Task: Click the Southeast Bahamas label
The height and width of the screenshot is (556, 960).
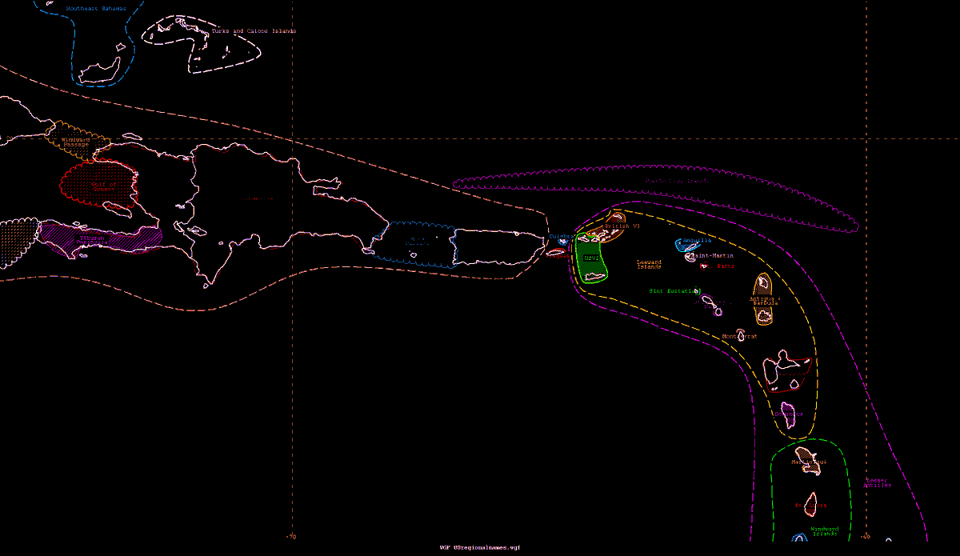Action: pyautogui.click(x=96, y=9)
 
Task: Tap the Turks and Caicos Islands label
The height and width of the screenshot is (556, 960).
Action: pyautogui.click(x=253, y=31)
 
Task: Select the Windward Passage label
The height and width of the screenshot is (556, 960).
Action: pyautogui.click(x=76, y=142)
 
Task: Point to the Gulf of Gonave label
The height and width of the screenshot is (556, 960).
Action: pyautogui.click(x=103, y=187)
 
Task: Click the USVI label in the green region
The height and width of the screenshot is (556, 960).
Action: pyautogui.click(x=591, y=258)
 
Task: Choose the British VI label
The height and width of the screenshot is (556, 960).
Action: pyautogui.click(x=622, y=226)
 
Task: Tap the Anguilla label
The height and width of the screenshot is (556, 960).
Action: pyautogui.click(x=697, y=240)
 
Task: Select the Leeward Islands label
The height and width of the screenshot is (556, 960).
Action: pyautogui.click(x=649, y=264)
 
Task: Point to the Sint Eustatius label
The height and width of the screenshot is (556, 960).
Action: pyautogui.click(x=674, y=291)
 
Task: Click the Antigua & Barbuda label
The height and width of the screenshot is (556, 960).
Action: pyautogui.click(x=765, y=302)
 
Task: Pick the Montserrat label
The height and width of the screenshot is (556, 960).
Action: pyautogui.click(x=739, y=337)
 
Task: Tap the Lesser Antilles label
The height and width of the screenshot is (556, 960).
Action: pyautogui.click(x=877, y=483)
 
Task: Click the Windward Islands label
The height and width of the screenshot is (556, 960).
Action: pyautogui.click(x=824, y=531)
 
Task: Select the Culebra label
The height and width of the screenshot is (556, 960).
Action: pyautogui.click(x=560, y=237)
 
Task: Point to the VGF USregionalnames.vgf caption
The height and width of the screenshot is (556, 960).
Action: pyautogui.click(x=480, y=548)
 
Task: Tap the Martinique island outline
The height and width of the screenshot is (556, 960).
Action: pyautogui.click(x=806, y=464)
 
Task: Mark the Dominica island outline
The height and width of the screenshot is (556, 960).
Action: pyautogui.click(x=790, y=414)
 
